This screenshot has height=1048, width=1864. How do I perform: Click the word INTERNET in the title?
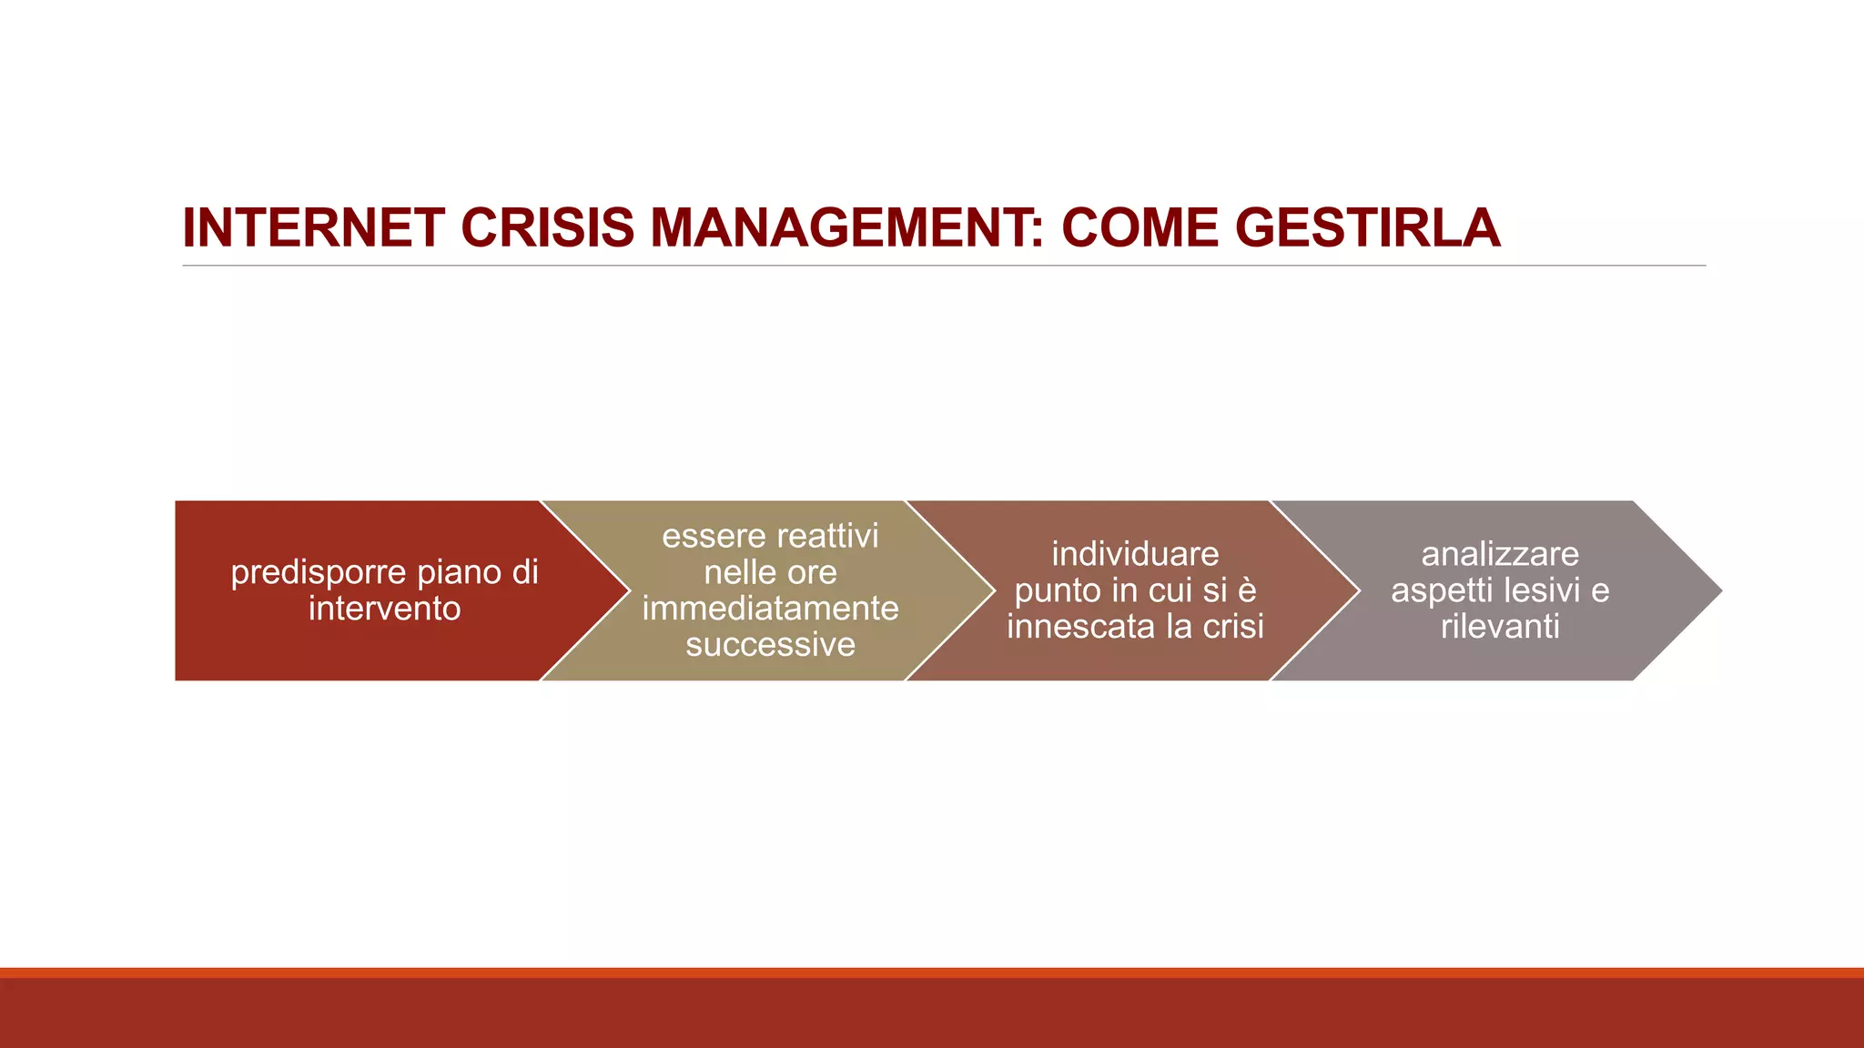(x=313, y=227)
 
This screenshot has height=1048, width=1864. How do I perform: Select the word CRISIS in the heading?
(x=547, y=227)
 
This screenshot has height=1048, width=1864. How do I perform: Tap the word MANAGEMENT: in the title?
(x=846, y=227)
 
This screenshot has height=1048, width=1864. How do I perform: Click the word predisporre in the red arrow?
(x=319, y=573)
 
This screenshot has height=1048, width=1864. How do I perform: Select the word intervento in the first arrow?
(x=384, y=609)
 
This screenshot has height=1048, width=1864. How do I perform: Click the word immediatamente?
(x=770, y=609)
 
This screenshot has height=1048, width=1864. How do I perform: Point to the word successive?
(x=770, y=645)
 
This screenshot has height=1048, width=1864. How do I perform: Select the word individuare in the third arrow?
(x=1135, y=554)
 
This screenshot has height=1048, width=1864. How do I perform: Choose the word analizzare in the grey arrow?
(x=1500, y=554)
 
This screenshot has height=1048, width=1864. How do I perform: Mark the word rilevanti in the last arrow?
(x=1500, y=627)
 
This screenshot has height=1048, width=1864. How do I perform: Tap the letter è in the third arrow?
(x=1247, y=590)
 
